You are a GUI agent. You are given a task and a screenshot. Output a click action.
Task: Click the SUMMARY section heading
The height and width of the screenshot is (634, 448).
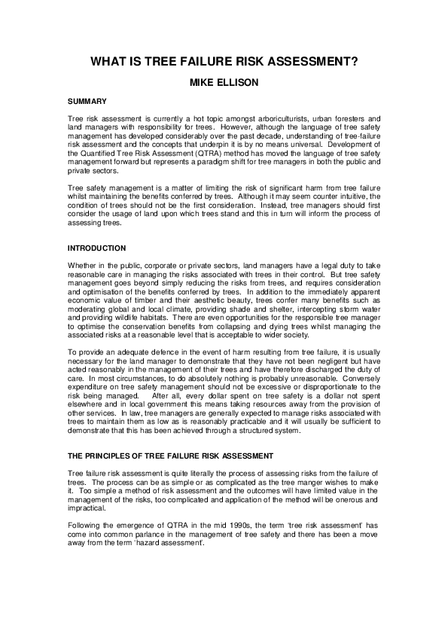click(x=86, y=101)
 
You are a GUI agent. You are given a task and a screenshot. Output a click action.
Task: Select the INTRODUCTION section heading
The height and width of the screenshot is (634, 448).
click(x=98, y=248)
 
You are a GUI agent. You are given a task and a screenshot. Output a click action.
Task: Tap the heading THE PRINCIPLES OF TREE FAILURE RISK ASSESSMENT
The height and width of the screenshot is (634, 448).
click(x=169, y=456)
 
